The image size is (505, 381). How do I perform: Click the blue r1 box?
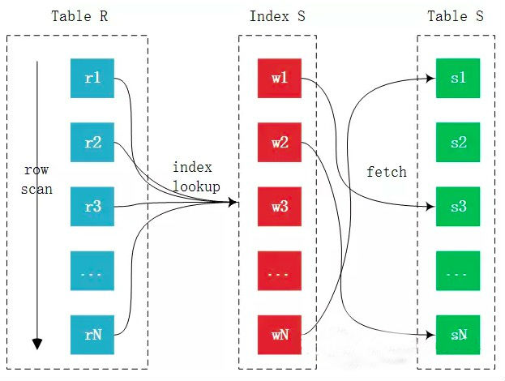click(92, 79)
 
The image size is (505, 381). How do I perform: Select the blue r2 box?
click(92, 143)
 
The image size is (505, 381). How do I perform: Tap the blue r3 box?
click(92, 207)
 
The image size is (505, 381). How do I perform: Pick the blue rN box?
click(92, 335)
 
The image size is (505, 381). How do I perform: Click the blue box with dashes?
click(92, 271)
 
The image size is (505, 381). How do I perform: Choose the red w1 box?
click(280, 79)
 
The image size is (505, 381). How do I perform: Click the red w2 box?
click(280, 143)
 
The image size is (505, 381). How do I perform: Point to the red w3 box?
click(280, 207)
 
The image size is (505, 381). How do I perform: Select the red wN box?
click(280, 335)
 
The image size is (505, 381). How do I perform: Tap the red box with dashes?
click(280, 271)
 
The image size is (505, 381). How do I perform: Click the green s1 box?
click(458, 79)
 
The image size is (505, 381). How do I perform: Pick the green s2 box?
click(458, 143)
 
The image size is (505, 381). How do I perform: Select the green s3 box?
click(458, 207)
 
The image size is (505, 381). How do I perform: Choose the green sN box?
click(458, 335)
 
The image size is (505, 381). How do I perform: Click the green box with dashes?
click(458, 271)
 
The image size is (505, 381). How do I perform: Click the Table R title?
click(78, 16)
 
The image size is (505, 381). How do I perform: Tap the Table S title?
click(460, 16)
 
